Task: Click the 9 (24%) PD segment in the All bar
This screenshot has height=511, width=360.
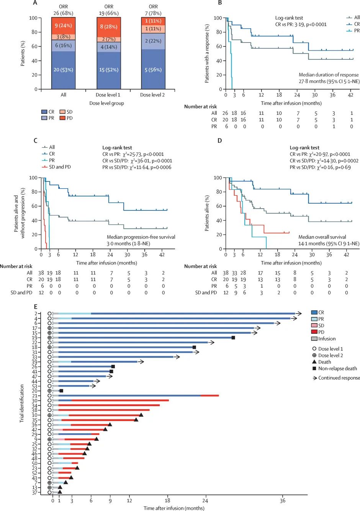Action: click(x=63, y=26)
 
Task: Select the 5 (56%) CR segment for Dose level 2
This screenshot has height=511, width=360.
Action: click(x=153, y=70)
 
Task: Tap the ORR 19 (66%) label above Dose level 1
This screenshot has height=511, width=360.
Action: click(x=109, y=10)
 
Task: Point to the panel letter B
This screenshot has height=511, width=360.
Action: click(x=220, y=3)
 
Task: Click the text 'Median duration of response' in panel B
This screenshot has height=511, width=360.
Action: click(x=329, y=75)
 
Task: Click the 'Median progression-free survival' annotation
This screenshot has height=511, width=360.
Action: click(x=141, y=237)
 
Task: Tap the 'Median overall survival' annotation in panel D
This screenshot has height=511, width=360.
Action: click(x=322, y=237)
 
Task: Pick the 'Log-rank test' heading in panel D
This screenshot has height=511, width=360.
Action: click(x=304, y=147)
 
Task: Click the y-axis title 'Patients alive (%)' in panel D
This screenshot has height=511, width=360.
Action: click(x=207, y=213)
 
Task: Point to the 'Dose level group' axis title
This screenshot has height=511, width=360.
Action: click(x=106, y=103)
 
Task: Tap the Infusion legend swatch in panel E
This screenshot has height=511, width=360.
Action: click(x=314, y=338)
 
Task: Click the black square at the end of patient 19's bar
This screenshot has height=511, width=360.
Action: click(x=233, y=338)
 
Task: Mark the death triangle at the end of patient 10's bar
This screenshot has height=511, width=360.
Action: click(x=141, y=415)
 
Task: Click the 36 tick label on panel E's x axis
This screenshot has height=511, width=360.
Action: click(x=283, y=501)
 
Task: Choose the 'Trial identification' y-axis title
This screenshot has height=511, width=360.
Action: click(x=22, y=403)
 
